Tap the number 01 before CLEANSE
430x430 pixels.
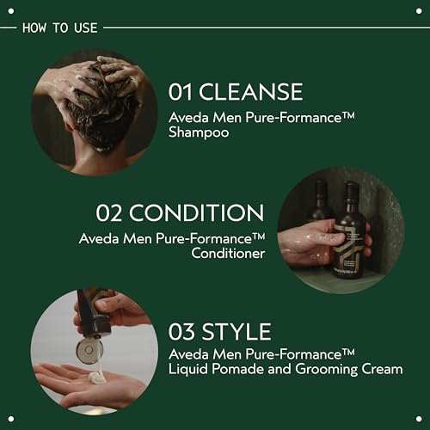[183, 93]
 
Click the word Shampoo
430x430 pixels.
[200, 133]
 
